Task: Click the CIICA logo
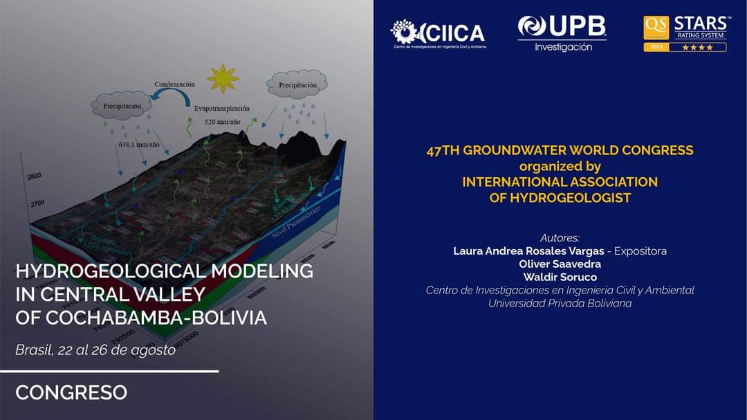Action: pyautogui.click(x=438, y=33)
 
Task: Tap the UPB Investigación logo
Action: pyautogui.click(x=562, y=33)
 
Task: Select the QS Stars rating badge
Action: pyautogui.click(x=685, y=33)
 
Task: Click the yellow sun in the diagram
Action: pyautogui.click(x=222, y=78)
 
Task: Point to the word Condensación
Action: pyautogui.click(x=174, y=84)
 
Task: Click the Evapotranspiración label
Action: pyautogui.click(x=222, y=109)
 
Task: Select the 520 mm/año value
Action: pyautogui.click(x=222, y=122)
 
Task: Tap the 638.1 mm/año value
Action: pyautogui.click(x=138, y=145)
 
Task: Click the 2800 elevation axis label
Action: pyautogui.click(x=35, y=177)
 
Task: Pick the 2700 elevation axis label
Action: pyautogui.click(x=36, y=204)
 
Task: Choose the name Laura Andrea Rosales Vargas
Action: pyautogui.click(x=528, y=251)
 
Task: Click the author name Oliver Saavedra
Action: pyautogui.click(x=560, y=264)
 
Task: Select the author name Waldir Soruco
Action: pyautogui.click(x=560, y=277)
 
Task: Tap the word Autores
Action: pyautogui.click(x=560, y=238)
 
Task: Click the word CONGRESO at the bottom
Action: pyautogui.click(x=71, y=393)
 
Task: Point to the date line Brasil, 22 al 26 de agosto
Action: pyautogui.click(x=95, y=350)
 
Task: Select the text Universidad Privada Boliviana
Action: pyautogui.click(x=560, y=303)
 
